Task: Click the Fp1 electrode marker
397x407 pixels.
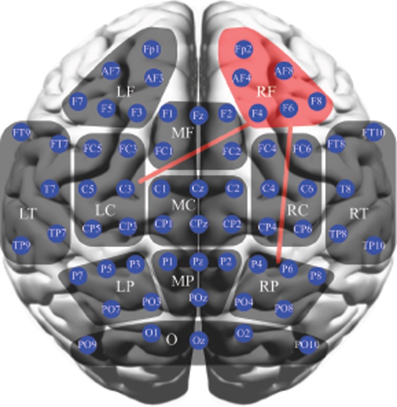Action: tap(152, 50)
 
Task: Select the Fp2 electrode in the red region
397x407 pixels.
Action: tap(244, 50)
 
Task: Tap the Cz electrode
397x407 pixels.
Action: tap(197, 187)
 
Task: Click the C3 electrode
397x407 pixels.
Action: tap(126, 187)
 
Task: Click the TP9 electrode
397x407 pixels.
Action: tap(22, 245)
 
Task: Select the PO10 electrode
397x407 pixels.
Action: tap(306, 344)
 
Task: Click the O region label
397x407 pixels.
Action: tap(168, 339)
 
